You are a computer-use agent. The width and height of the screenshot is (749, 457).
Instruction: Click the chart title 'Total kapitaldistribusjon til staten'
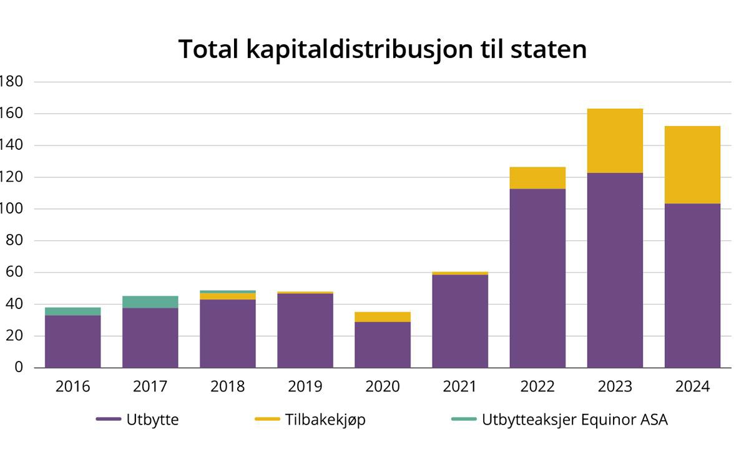click(x=382, y=49)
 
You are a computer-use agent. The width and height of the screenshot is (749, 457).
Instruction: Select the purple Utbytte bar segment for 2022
click(x=537, y=278)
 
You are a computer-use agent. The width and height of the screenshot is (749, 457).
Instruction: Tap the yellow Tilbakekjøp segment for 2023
click(x=615, y=140)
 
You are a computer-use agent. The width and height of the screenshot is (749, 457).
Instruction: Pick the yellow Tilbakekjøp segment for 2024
click(x=692, y=165)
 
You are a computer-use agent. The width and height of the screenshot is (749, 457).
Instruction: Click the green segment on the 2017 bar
click(x=150, y=302)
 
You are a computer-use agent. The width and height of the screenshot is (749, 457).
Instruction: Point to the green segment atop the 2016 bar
click(x=72, y=311)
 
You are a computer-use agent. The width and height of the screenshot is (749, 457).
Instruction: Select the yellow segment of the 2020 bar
click(x=383, y=317)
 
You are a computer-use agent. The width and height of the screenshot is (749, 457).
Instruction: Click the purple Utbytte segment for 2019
click(x=305, y=330)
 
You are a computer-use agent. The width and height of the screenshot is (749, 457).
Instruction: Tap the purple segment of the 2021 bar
click(x=460, y=321)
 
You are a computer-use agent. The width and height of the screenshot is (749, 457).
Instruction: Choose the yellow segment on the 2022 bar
click(x=537, y=178)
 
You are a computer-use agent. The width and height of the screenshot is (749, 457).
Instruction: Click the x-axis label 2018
click(x=227, y=386)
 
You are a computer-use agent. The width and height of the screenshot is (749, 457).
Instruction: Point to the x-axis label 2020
click(x=383, y=386)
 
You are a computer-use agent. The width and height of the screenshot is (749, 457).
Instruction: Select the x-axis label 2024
click(x=692, y=386)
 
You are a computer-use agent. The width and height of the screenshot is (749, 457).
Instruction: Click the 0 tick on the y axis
click(x=19, y=368)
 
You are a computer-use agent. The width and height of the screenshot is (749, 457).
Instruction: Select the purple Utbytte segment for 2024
click(x=692, y=285)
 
